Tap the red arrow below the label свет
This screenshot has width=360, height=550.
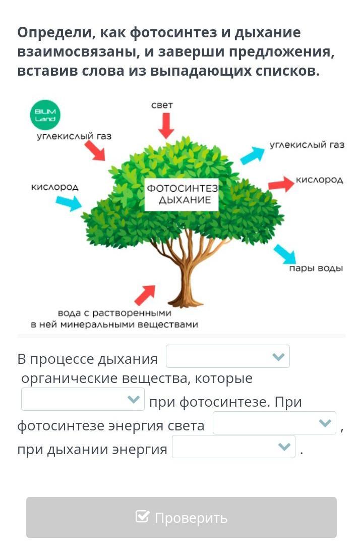[165, 125]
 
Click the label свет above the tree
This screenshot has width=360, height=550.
[162, 105]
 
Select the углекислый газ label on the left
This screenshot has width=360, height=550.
[74, 136]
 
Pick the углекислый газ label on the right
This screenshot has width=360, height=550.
[307, 145]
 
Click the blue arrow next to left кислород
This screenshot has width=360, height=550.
[68, 202]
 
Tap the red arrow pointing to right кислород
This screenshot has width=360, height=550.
[280, 184]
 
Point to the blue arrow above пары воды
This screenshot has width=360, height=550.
[284, 254]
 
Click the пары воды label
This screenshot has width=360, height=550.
[316, 268]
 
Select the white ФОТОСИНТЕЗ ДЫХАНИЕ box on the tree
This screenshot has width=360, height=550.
[182, 194]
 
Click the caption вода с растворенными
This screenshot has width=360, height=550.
[114, 313]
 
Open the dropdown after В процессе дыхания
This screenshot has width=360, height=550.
[228, 356]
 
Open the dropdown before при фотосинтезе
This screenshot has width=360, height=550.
[83, 399]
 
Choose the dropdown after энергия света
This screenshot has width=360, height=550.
[274, 423]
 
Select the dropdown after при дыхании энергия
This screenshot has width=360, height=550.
[233, 447]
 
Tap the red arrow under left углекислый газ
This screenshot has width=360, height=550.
[94, 150]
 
